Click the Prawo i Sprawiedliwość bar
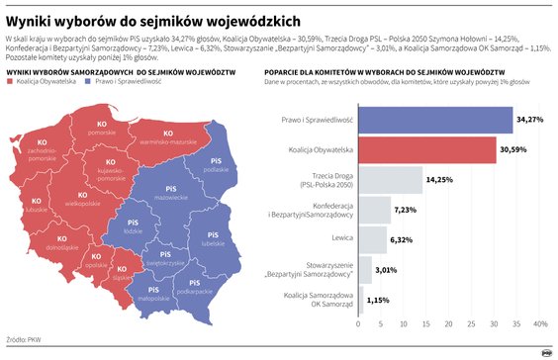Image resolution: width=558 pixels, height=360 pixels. pyautogui.click(x=435, y=120)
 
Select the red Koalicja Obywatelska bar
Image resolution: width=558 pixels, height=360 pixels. pyautogui.click(x=426, y=149)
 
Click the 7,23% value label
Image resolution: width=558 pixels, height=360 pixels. pyautogui.click(x=406, y=210)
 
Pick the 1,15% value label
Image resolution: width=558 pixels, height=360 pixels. pyautogui.click(x=378, y=299)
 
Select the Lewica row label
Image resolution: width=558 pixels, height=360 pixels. pyautogui.click(x=340, y=239)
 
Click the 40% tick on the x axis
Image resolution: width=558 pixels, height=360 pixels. pyautogui.click(x=540, y=323)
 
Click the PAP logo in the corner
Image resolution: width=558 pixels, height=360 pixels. pyautogui.click(x=541, y=349)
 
